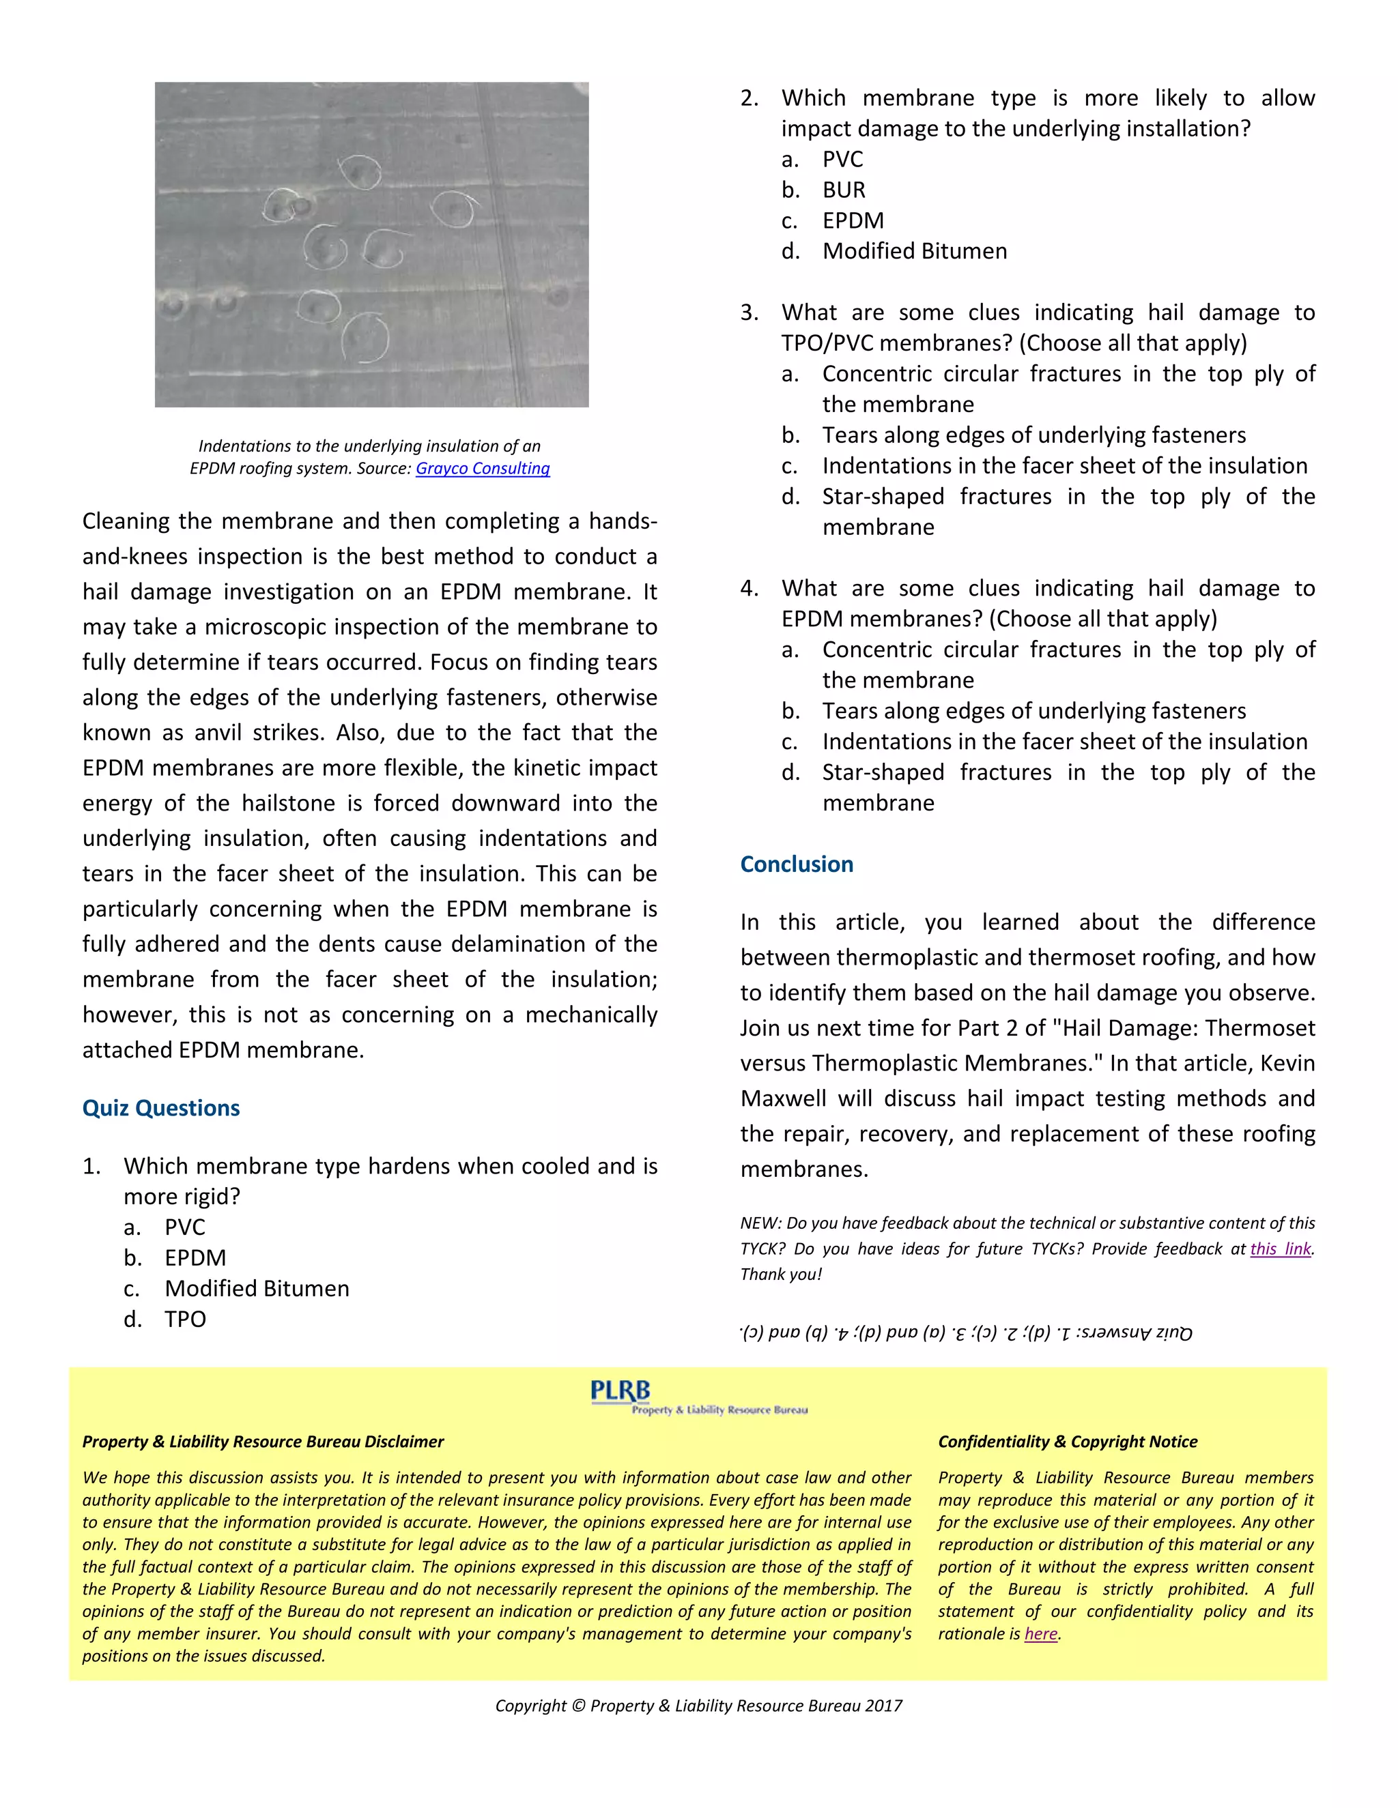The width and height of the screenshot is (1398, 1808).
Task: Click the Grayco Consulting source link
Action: [482, 469]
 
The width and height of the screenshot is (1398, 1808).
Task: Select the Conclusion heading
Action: [796, 864]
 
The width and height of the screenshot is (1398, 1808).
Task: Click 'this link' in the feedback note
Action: [1281, 1249]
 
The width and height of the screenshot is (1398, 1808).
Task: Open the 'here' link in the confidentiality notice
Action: [1040, 1633]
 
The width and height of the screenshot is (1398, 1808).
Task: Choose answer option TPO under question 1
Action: [185, 1319]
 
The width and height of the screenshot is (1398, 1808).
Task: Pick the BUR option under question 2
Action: [843, 190]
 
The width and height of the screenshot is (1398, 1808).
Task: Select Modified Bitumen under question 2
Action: [914, 251]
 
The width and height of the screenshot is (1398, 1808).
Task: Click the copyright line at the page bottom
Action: [698, 1706]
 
